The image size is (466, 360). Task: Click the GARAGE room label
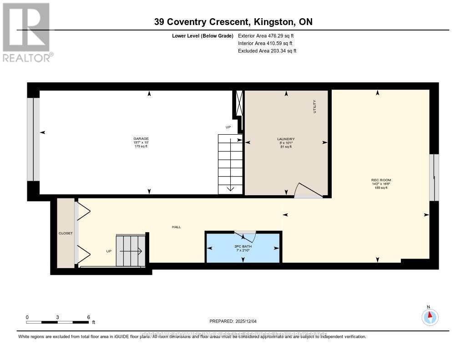(x=141, y=139)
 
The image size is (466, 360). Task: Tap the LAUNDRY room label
(x=286, y=139)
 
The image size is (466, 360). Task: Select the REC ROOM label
(x=381, y=180)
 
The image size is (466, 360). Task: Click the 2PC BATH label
(x=243, y=246)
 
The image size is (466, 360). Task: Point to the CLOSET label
(x=66, y=233)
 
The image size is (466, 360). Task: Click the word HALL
(x=177, y=227)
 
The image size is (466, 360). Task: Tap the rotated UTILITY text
(x=314, y=106)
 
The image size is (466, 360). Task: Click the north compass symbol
(x=429, y=316)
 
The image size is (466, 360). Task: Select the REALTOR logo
(x=26, y=32)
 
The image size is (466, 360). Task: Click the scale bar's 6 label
(x=88, y=317)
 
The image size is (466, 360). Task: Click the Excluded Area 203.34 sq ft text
(x=267, y=51)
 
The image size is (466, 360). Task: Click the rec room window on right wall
(x=434, y=177)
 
